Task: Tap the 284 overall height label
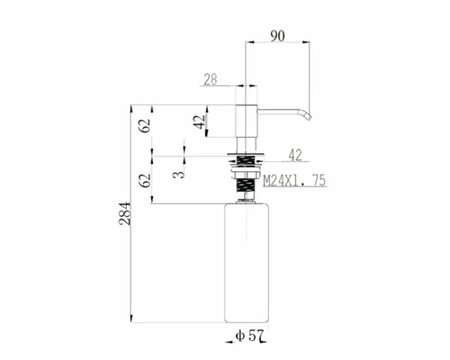click(126, 213)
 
